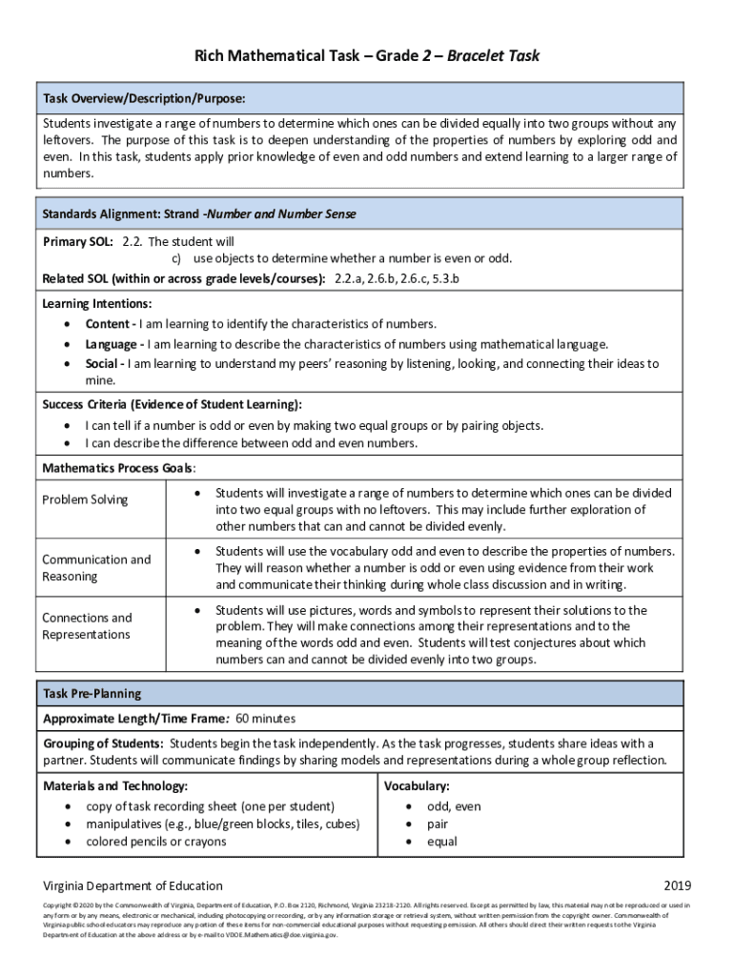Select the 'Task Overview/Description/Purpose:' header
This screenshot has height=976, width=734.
point(144,99)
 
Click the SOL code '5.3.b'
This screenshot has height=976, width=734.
point(443,278)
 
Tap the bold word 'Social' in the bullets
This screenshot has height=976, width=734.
point(104,364)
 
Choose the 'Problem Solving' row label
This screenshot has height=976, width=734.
point(85,500)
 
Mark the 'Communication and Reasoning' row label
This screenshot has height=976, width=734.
point(96,568)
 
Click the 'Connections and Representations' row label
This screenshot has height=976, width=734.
point(88,626)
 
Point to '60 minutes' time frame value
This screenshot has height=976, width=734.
point(265,719)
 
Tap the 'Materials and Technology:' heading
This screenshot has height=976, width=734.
point(115,786)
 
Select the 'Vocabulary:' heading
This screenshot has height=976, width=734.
point(417,786)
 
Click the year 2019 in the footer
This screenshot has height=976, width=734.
point(677,885)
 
